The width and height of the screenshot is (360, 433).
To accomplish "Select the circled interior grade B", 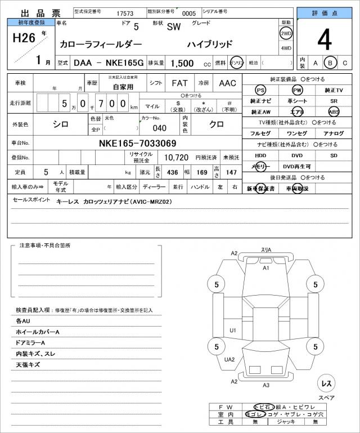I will click(x=331, y=63).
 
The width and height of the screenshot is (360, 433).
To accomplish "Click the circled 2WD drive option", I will click(x=286, y=33).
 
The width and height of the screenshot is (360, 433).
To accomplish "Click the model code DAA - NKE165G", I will click(x=109, y=64).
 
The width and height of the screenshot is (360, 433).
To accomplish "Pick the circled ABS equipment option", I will click(x=334, y=111).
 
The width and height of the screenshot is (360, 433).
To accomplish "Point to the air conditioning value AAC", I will click(x=227, y=83).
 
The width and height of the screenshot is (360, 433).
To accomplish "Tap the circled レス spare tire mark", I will click(x=326, y=383).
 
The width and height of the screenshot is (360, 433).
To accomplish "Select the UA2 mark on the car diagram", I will click(x=229, y=359).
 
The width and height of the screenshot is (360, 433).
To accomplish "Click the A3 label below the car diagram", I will click(x=266, y=385).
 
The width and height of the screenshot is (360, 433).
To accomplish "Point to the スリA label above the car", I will click(x=266, y=250).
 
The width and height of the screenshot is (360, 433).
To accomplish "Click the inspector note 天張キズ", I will click(x=29, y=365).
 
